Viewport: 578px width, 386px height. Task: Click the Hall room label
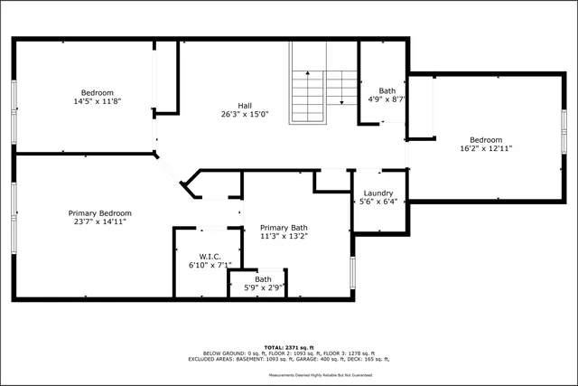245,104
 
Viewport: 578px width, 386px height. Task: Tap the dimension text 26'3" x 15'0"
245,114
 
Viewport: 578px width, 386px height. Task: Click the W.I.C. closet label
210,255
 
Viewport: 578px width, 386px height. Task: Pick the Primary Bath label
284,228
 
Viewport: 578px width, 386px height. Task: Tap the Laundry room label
378,193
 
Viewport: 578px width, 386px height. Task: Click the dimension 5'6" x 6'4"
378,202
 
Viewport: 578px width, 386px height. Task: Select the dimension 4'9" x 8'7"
387,99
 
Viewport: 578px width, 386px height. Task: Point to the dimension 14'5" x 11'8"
97,101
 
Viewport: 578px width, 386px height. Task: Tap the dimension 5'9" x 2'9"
264,287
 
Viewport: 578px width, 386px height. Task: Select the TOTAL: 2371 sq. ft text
288,347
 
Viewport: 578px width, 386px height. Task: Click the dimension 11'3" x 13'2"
284,237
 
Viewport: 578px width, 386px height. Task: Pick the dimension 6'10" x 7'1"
210,265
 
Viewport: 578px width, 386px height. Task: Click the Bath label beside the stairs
387,90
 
